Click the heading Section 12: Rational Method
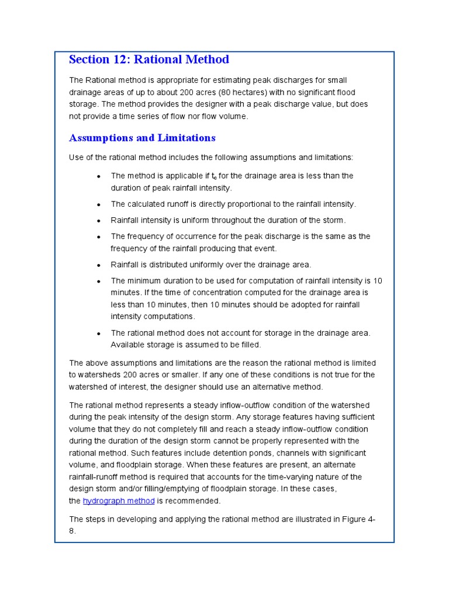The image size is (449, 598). [148, 60]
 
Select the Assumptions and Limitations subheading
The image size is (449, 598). [142, 138]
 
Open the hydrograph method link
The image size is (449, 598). [119, 501]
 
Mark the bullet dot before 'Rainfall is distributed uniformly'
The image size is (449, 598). [99, 265]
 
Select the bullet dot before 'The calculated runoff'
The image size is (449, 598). [99, 204]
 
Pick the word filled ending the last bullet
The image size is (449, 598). [248, 345]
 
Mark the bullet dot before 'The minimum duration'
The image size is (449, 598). [99, 281]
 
